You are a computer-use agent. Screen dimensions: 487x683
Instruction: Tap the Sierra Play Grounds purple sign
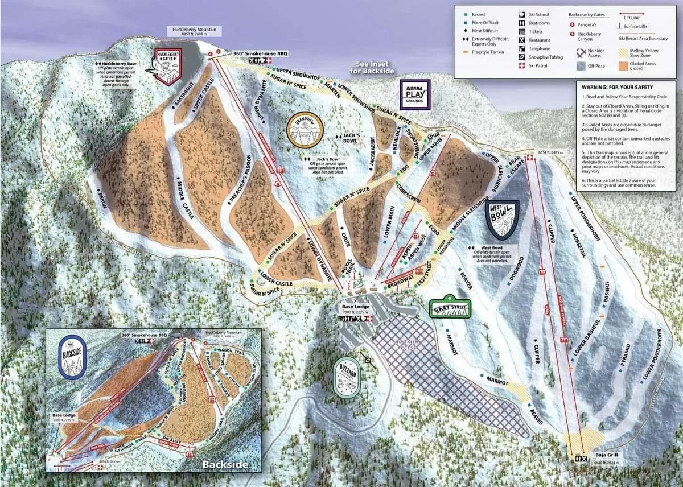(x=415, y=94)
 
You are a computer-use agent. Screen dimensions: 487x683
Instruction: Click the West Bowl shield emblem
(x=501, y=219)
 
